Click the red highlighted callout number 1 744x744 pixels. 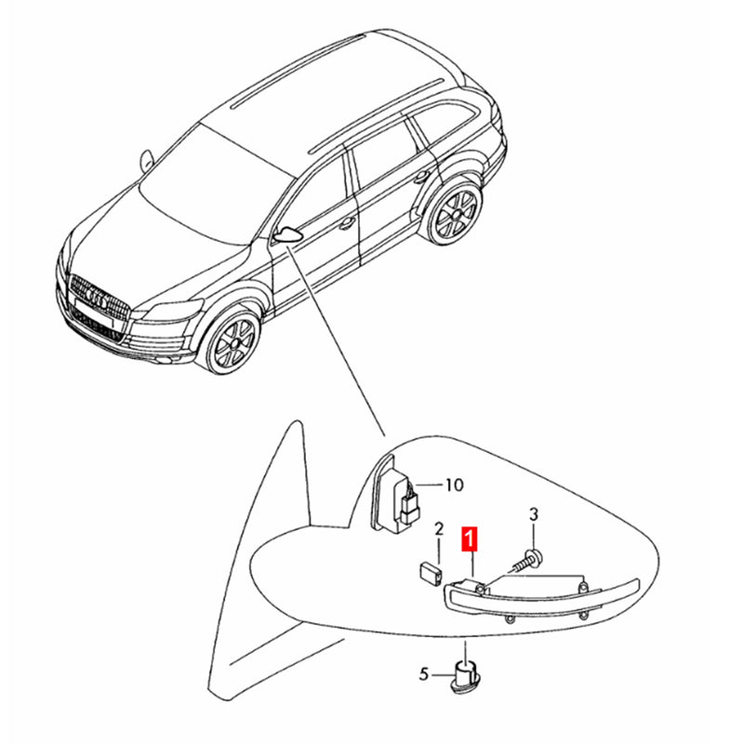click(470, 540)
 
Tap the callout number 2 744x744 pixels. click(439, 529)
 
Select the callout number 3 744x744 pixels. click(534, 514)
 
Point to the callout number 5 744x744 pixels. click(424, 673)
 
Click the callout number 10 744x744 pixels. click(454, 485)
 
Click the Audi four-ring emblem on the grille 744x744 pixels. click(97, 299)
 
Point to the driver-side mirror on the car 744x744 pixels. click(288, 235)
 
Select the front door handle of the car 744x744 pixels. click(347, 221)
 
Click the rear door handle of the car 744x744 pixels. click(421, 178)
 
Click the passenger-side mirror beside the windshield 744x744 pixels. click(147, 160)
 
